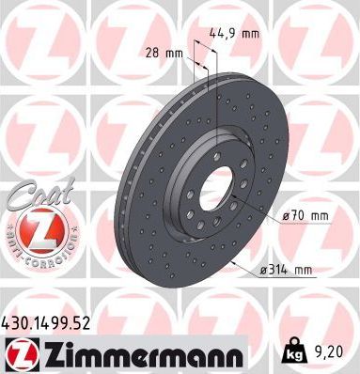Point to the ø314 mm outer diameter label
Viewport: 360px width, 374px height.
[x=285, y=271]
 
